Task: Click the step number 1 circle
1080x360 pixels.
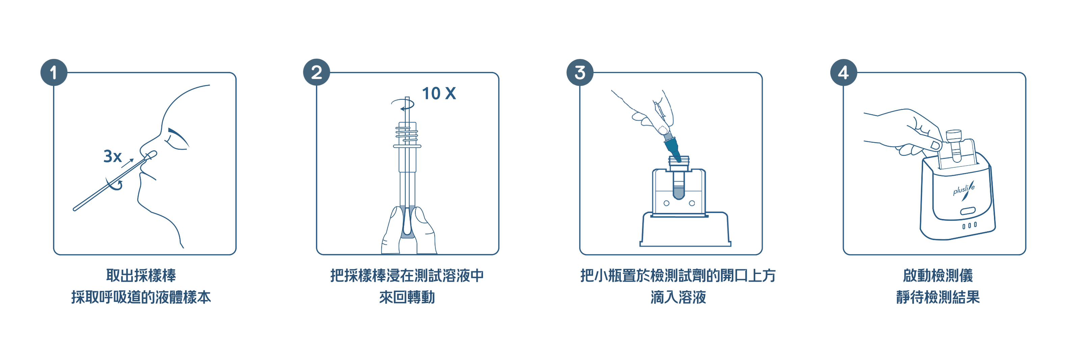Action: (54, 73)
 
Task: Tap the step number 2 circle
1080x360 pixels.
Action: (317, 73)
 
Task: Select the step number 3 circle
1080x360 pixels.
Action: (580, 73)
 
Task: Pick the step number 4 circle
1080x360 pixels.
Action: (843, 73)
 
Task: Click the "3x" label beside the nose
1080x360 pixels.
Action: (112, 156)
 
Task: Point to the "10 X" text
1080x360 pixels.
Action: (438, 93)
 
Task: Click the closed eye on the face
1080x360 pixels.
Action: (177, 140)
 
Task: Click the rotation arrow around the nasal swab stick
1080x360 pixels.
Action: (114, 185)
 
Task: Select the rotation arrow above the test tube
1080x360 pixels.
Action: (403, 104)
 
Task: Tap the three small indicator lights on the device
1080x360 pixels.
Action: (969, 225)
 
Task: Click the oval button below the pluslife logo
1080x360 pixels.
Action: (968, 211)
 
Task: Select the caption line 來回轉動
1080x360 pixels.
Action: (407, 298)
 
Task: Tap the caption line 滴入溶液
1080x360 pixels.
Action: (678, 298)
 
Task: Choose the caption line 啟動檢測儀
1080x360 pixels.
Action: (938, 276)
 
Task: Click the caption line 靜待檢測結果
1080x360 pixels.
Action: (938, 298)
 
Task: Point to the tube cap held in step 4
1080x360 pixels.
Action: (954, 135)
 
